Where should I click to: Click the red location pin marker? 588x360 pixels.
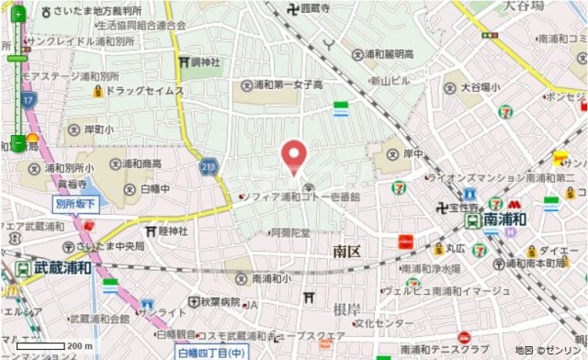[x=294, y=156]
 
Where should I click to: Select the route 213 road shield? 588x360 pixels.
[x=209, y=167]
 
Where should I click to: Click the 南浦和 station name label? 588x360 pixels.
[x=503, y=219]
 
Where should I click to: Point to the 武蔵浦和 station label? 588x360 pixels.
[x=62, y=268]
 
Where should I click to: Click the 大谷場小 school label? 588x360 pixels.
[x=480, y=87]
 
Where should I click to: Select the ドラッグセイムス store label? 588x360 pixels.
[x=144, y=92]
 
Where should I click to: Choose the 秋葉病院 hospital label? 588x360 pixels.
[x=220, y=301]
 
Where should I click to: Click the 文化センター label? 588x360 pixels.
[x=384, y=323]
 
